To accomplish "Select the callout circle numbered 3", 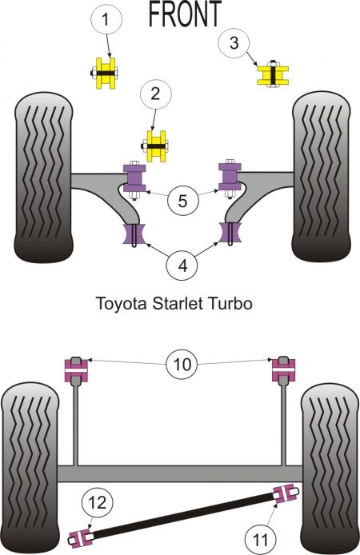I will point(234,42).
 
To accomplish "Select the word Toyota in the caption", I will point(117,304).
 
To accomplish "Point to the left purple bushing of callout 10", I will point(75,369).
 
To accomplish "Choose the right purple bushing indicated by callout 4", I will point(231,234).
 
